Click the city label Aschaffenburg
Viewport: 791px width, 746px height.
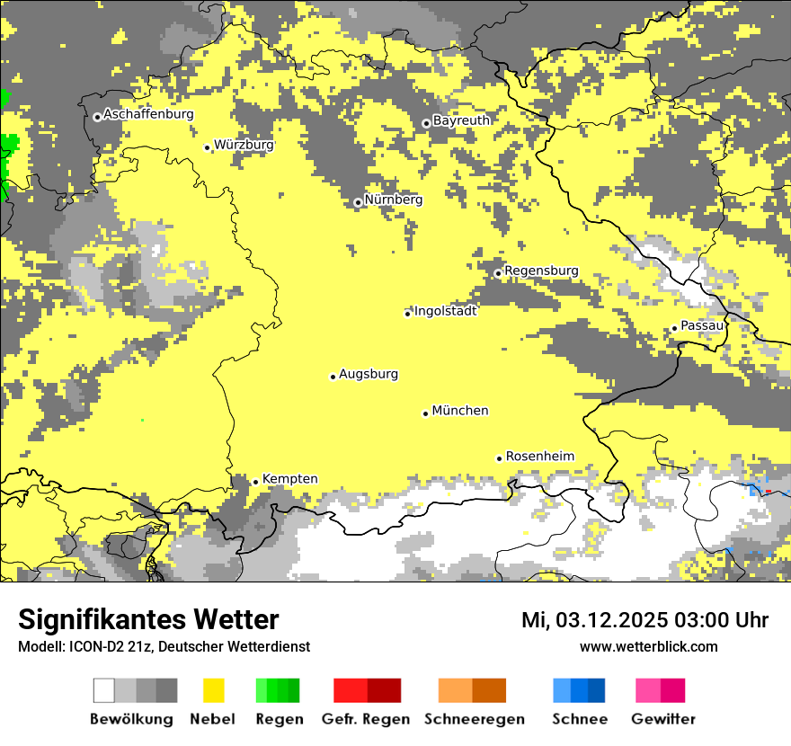click(x=148, y=114)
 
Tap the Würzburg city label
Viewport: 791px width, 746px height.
click(x=244, y=144)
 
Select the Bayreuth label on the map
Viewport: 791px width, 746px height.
click(x=461, y=120)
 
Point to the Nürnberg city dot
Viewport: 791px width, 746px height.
click(x=358, y=202)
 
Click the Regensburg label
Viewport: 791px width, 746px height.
click(x=541, y=271)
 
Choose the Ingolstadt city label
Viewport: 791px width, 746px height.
click(x=445, y=311)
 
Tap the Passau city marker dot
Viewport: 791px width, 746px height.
click(x=674, y=328)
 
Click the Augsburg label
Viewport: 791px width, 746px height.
click(x=369, y=374)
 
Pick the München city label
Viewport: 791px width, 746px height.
click(x=460, y=411)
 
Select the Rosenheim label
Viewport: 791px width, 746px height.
click(x=539, y=457)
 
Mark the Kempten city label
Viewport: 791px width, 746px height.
click(x=289, y=479)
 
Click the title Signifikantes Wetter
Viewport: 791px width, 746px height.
click(x=148, y=619)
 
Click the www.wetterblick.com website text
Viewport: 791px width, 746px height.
click(x=648, y=646)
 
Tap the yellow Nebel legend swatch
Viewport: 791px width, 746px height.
click(x=213, y=690)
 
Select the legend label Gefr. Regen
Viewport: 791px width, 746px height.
click(x=365, y=719)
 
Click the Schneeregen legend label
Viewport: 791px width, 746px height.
click(x=474, y=719)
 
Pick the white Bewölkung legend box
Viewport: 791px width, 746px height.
click(x=104, y=690)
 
